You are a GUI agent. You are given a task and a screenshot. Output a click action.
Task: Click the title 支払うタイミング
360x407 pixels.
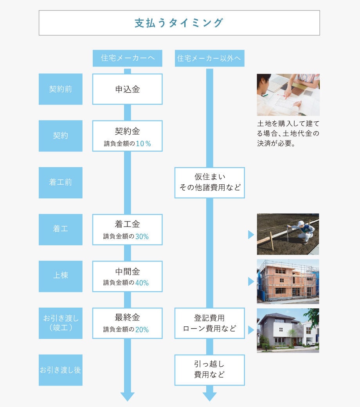(x=179, y=23)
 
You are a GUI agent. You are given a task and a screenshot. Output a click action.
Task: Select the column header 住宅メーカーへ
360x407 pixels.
(x=128, y=58)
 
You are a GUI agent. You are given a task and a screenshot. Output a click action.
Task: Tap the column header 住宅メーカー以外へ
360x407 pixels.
(x=209, y=58)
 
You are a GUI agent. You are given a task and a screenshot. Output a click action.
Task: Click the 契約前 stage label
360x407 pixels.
(x=61, y=89)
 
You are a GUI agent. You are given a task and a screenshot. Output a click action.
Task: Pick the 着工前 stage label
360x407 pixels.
(x=61, y=182)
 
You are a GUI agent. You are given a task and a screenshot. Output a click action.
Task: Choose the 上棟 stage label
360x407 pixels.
(x=61, y=276)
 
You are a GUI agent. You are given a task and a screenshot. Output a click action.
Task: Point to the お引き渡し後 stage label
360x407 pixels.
(x=61, y=370)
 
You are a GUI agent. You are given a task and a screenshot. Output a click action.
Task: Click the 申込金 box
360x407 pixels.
(x=128, y=89)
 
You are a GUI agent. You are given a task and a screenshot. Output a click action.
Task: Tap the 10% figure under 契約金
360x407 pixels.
(x=143, y=144)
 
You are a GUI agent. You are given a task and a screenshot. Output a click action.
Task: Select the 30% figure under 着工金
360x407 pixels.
(x=142, y=236)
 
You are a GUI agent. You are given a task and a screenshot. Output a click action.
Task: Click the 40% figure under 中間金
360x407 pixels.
(x=142, y=283)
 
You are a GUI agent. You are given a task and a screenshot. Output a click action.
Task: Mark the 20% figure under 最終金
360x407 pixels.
(x=142, y=330)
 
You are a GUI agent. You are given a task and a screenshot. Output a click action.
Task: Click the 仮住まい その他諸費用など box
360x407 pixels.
(x=209, y=182)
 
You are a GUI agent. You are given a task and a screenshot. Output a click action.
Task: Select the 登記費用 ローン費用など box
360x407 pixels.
(x=209, y=323)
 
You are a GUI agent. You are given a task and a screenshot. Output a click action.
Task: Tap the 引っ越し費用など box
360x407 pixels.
(x=209, y=370)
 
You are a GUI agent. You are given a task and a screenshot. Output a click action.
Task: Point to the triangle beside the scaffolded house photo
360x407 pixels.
(x=251, y=281)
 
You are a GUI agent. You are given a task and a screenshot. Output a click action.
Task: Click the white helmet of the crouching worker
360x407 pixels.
(x=301, y=223)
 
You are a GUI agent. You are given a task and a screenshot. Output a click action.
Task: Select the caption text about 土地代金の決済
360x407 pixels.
(x=288, y=133)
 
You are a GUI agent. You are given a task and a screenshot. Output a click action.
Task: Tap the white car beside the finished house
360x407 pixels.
(x=311, y=343)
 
